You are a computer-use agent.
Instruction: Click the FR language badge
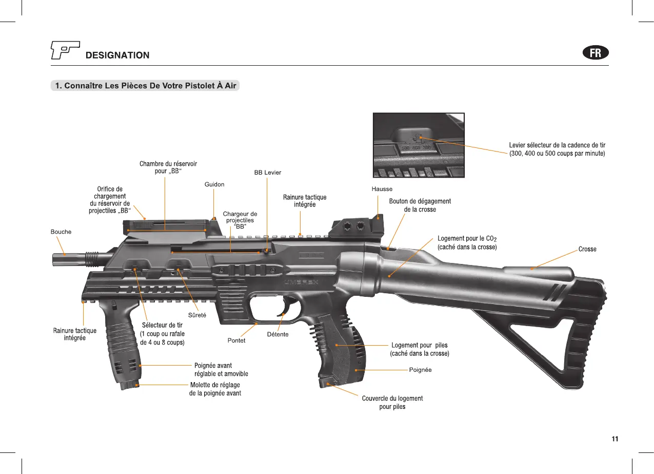(x=596, y=53)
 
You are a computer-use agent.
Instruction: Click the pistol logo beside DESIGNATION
(x=65, y=50)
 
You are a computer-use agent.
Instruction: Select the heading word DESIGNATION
(x=117, y=55)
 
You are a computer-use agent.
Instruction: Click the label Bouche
(x=61, y=232)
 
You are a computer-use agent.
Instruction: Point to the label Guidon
(x=214, y=184)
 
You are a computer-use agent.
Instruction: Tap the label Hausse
(x=382, y=189)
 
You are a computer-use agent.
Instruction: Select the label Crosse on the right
(x=587, y=249)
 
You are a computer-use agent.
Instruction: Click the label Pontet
(x=236, y=340)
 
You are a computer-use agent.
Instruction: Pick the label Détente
(x=278, y=334)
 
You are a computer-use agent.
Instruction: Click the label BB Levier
(x=268, y=173)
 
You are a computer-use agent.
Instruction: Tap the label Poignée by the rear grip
(x=420, y=370)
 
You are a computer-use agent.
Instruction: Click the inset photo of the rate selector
(x=419, y=145)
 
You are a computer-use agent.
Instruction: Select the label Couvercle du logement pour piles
(x=392, y=402)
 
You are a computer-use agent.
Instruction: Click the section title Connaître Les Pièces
(x=145, y=85)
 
